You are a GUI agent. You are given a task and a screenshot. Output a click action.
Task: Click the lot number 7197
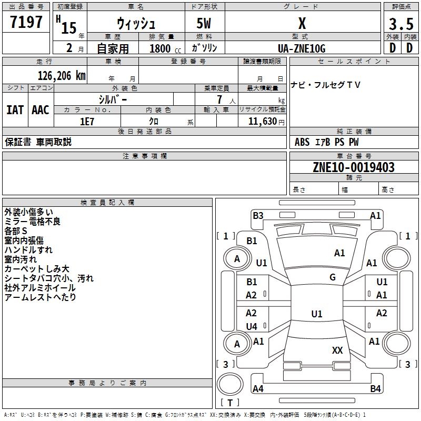pos(26,23)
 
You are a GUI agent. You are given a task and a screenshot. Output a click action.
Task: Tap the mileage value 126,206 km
pos(62,75)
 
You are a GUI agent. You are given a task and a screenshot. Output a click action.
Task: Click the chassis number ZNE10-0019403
pos(354,167)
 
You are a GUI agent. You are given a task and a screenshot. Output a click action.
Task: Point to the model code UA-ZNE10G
pos(302,48)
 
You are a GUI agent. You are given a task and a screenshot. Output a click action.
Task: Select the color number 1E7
pos(87,121)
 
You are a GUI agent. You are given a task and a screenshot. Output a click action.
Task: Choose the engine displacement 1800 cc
pos(160,48)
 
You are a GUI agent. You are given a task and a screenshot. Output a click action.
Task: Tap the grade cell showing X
pos(302,24)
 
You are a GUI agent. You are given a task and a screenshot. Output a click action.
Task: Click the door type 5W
pos(205,24)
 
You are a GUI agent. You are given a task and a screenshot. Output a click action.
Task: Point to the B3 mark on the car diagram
pos(258,215)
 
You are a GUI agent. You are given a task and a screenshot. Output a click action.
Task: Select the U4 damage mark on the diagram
pos(252,327)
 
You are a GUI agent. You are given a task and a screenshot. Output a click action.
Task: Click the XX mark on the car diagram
pos(337,350)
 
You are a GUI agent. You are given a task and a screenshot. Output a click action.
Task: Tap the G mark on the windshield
pos(333,277)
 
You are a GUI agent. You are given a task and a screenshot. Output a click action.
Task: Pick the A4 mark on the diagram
pos(258,389)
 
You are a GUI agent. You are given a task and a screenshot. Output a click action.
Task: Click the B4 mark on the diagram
pos(375,389)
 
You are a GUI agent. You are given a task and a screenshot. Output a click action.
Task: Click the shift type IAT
pos(14,109)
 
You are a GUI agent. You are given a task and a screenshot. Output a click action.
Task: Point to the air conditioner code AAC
pos(41,109)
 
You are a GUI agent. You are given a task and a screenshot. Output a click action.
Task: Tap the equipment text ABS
pos(302,142)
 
